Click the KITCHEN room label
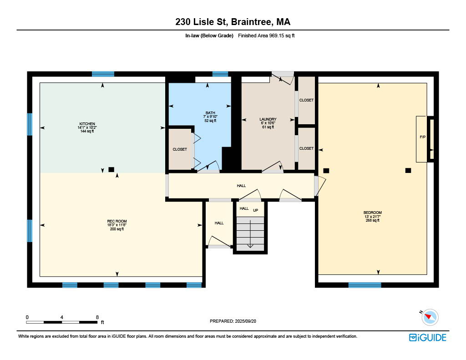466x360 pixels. [x=87, y=124]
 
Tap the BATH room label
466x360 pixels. [x=210, y=113]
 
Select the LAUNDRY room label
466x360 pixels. [x=268, y=119]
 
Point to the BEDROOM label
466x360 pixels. [x=372, y=213]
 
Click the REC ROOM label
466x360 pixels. [x=117, y=221]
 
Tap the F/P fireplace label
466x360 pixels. [x=422, y=137]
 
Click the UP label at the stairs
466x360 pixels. [x=256, y=210]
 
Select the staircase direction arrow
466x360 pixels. [x=250, y=233]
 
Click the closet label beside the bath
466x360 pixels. [x=180, y=149]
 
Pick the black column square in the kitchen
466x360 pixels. [x=111, y=169]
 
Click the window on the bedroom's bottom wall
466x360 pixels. [x=365, y=285]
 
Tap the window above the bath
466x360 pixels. [x=220, y=74]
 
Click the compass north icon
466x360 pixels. [x=430, y=317]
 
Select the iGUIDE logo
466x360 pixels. [x=428, y=337]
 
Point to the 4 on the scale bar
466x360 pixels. [x=62, y=317]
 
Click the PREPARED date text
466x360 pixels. [x=233, y=321]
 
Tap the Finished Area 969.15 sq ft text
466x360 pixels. [x=266, y=35]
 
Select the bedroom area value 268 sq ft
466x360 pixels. [x=372, y=220]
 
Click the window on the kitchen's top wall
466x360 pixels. [x=103, y=74]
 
